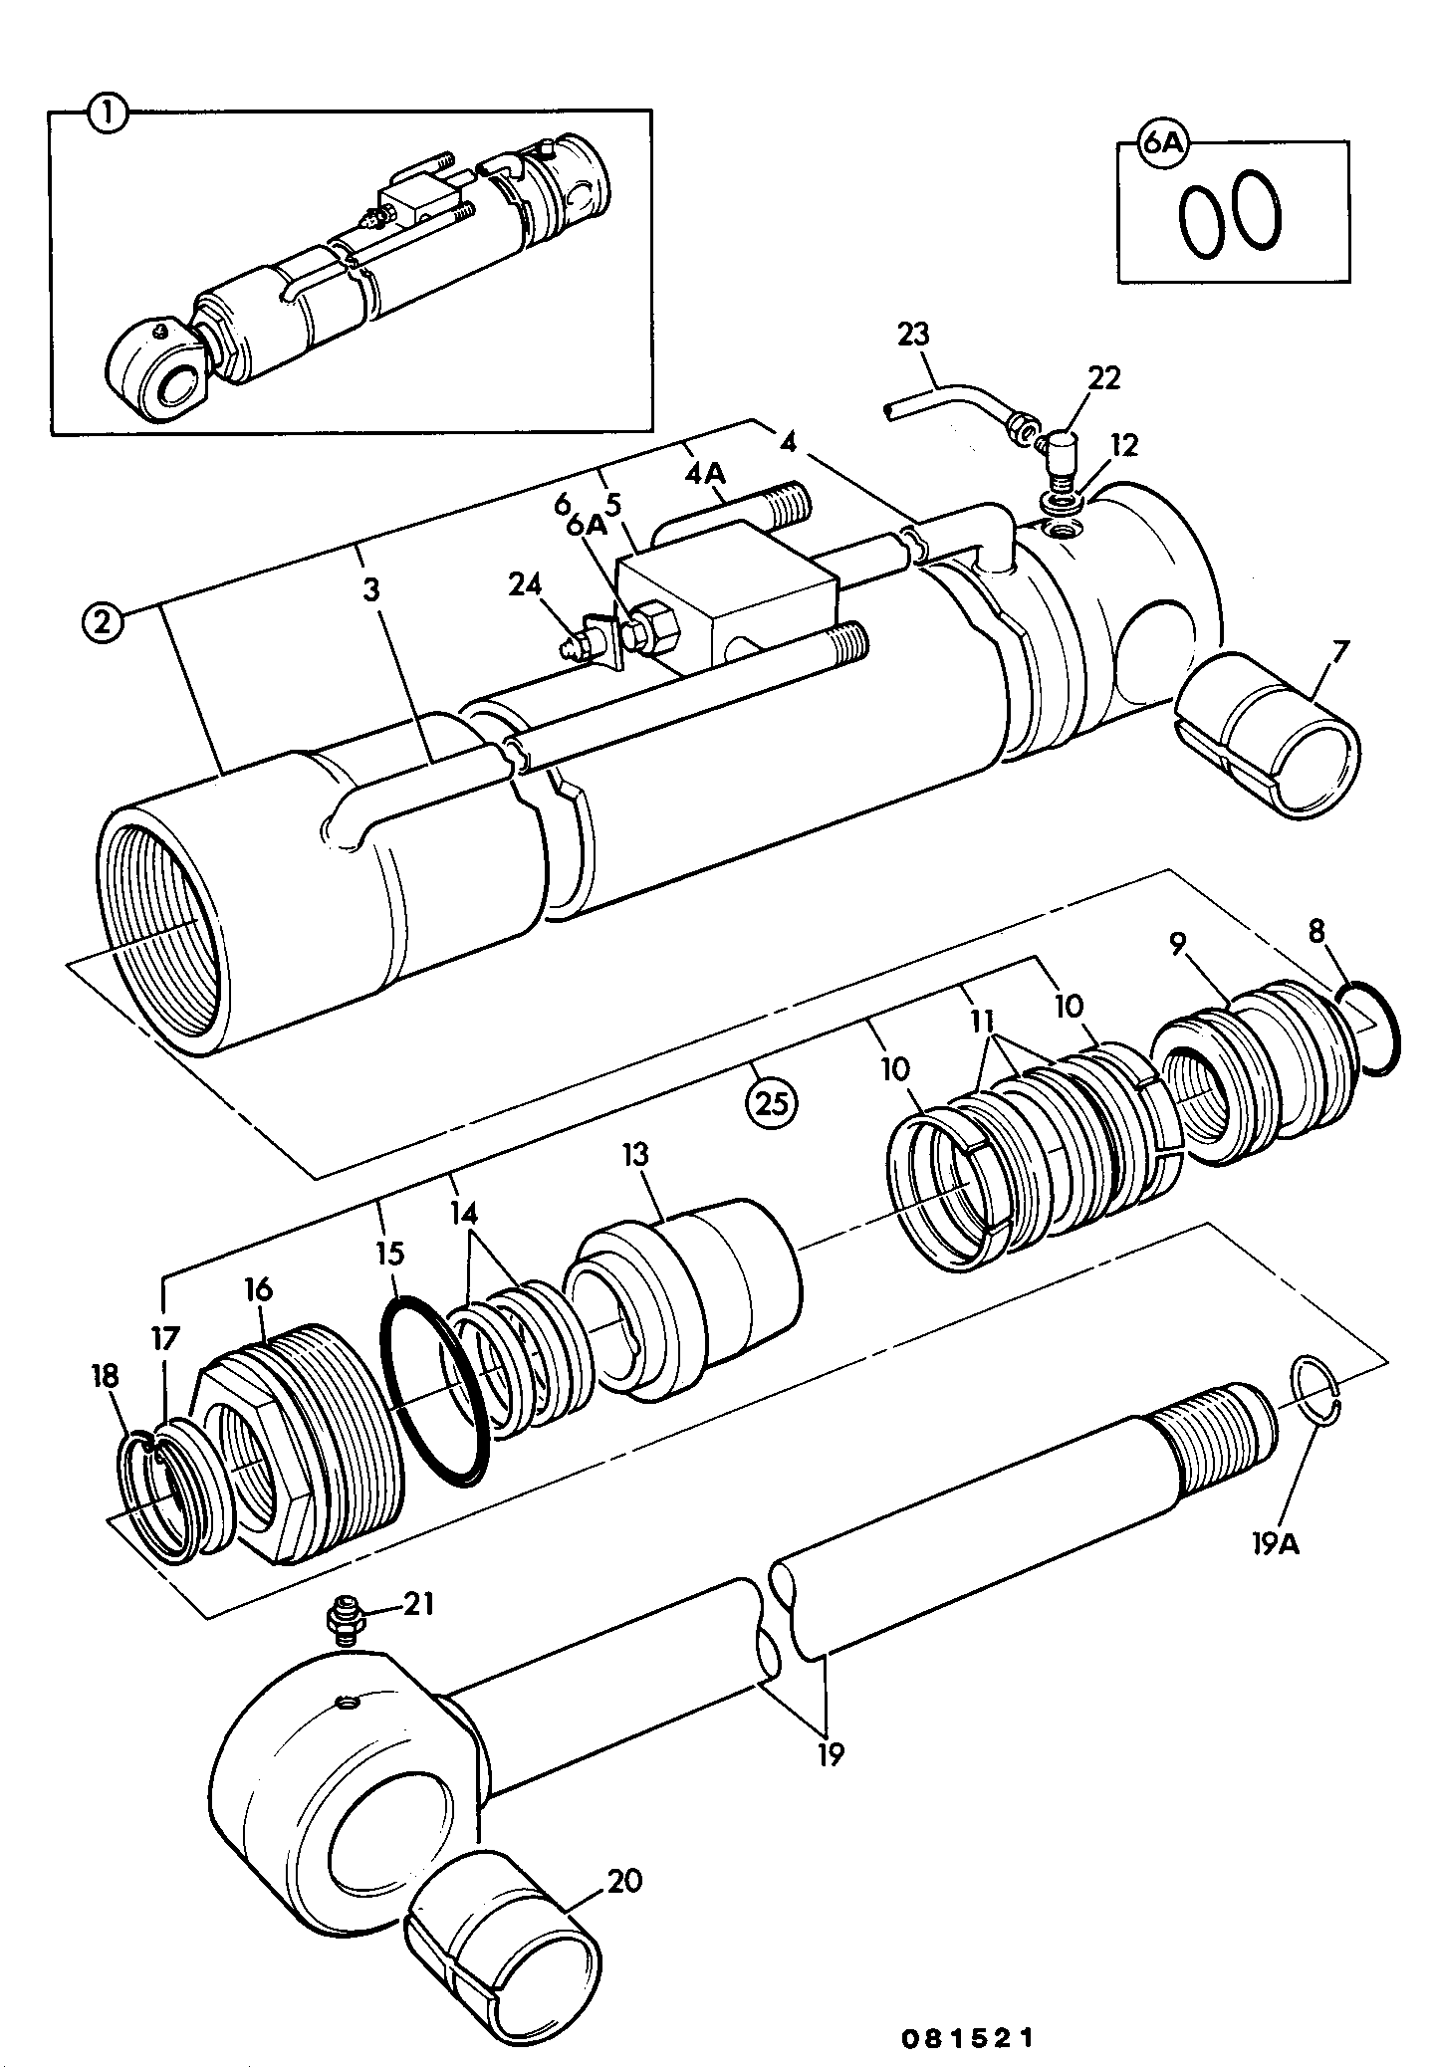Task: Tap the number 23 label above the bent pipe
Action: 913,335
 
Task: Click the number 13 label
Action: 633,1156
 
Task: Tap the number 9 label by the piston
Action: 1178,945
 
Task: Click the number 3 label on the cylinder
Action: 371,590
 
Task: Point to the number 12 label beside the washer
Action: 1124,446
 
